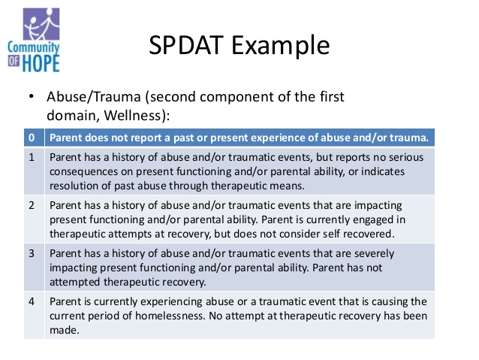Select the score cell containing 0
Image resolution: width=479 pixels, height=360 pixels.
pos(32,138)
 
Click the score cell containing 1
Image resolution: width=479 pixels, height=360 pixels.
pos(32,159)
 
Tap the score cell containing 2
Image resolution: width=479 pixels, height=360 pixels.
pos(32,204)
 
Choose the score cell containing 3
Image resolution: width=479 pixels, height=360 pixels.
pos(32,253)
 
